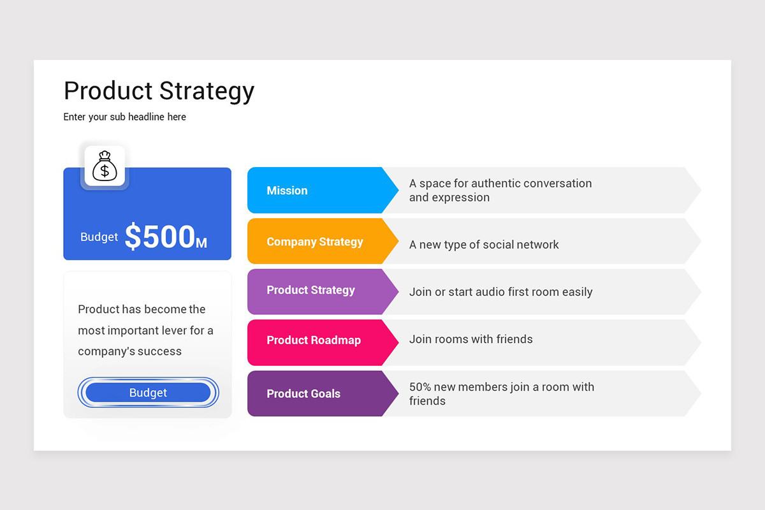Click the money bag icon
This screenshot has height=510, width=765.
(105, 166)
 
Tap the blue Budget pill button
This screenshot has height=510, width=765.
(148, 393)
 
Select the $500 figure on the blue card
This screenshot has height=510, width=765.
(159, 237)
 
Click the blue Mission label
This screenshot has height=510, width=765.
(287, 191)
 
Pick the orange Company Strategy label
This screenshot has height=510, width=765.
(315, 242)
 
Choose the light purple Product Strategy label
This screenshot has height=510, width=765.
(310, 290)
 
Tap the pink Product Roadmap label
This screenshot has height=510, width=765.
(314, 340)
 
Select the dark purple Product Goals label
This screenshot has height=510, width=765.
(303, 394)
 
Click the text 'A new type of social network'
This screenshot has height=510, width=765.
(484, 245)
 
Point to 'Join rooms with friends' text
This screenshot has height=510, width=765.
(470, 339)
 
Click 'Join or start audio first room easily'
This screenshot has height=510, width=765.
(500, 292)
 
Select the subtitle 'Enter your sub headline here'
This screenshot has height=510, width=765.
(125, 117)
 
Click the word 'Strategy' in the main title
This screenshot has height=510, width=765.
(207, 91)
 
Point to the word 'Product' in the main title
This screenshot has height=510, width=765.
(108, 91)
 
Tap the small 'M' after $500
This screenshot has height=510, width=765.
(201, 243)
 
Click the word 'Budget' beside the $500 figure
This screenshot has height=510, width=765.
(99, 237)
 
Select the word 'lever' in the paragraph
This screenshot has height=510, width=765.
(173, 331)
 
